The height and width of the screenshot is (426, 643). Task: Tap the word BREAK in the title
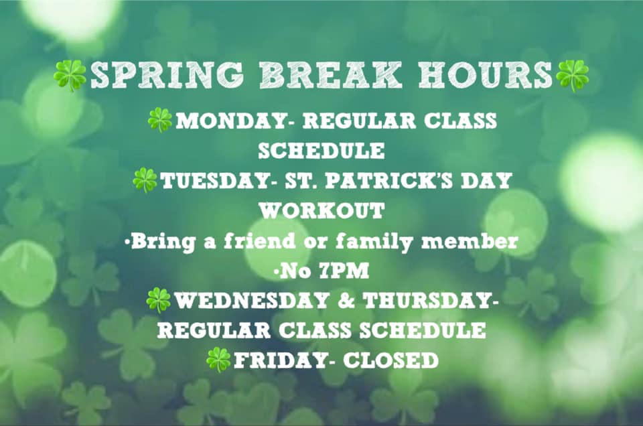point(330,76)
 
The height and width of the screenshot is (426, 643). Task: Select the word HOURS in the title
point(486,76)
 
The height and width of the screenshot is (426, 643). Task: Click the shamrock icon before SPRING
point(70,76)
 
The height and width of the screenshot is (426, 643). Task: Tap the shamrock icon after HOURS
point(573,76)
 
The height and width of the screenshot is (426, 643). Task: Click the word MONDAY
point(231,121)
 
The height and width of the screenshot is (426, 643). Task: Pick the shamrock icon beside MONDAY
point(160,120)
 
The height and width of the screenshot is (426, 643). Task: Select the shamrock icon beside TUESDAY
point(145,180)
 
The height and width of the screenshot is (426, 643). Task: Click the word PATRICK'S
point(390,181)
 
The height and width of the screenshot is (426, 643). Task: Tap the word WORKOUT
point(321,211)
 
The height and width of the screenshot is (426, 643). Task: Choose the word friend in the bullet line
point(259,241)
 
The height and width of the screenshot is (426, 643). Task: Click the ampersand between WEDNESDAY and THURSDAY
point(346,301)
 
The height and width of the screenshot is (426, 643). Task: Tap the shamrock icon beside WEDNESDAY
point(158,300)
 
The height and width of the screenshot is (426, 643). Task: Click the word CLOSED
point(390,361)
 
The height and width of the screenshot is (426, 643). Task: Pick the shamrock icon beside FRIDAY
point(218,360)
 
